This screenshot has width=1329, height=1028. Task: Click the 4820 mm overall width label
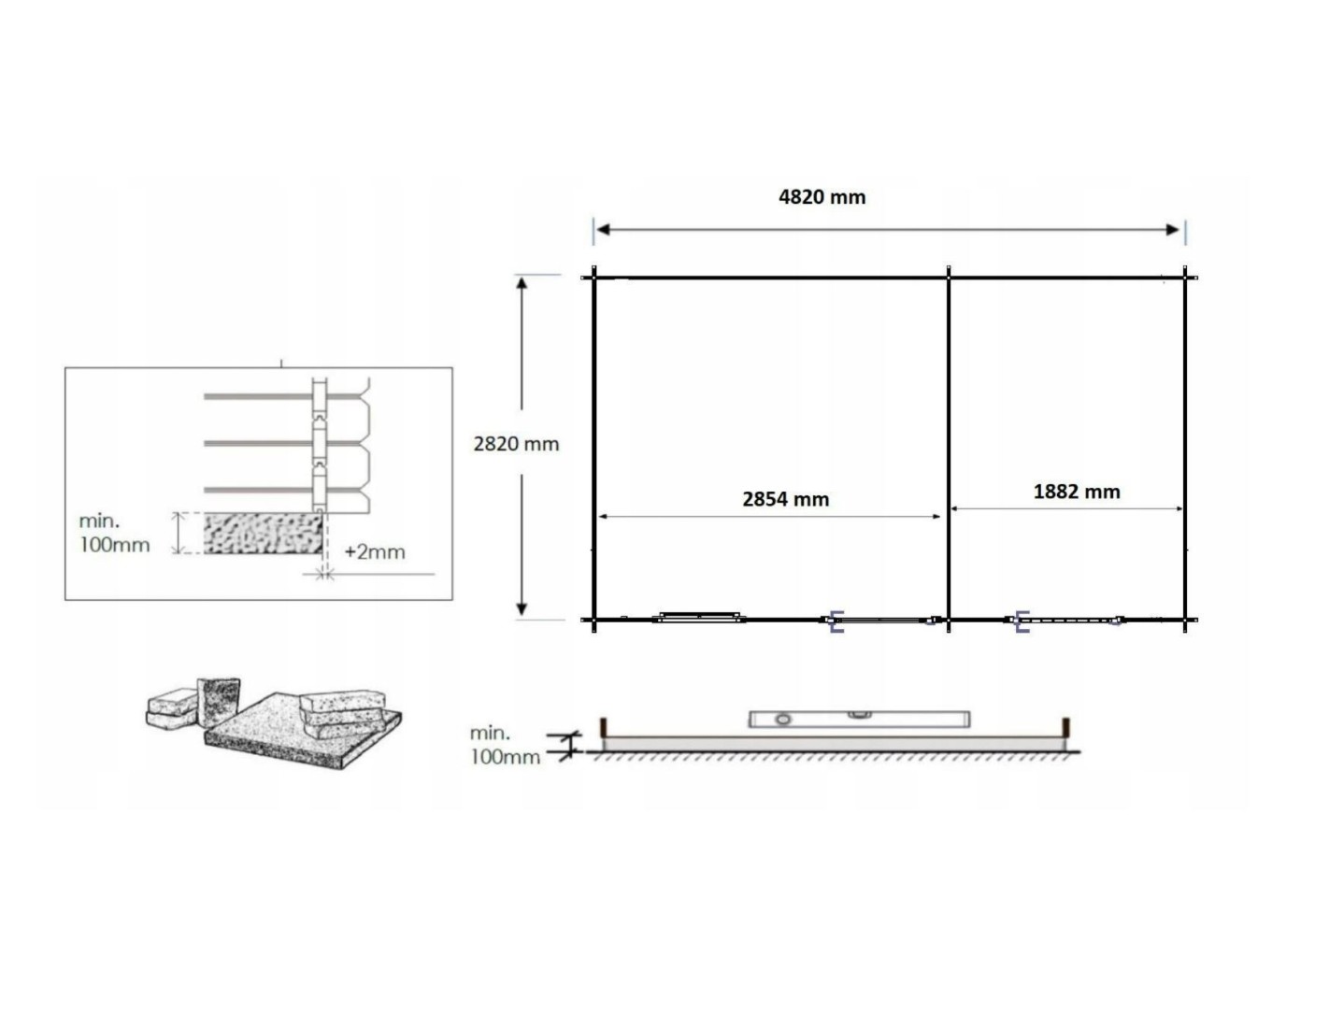tap(822, 197)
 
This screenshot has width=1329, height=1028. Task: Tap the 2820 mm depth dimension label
tap(516, 444)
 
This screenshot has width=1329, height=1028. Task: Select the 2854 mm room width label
tap(786, 499)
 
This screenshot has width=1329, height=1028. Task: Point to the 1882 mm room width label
tap(1077, 492)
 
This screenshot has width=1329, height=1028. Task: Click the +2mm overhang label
tap(375, 551)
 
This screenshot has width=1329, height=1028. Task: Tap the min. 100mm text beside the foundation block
tap(114, 533)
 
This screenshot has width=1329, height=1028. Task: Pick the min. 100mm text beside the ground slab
tap(505, 745)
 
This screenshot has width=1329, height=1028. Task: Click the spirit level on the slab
tap(859, 719)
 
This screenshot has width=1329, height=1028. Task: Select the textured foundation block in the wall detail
tap(263, 534)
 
